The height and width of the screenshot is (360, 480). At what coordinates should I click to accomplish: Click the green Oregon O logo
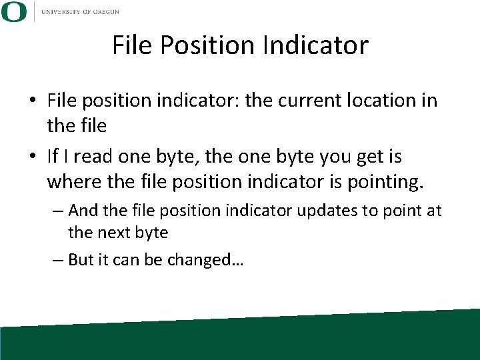pos(14,12)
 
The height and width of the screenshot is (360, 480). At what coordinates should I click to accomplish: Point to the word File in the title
pos(132,46)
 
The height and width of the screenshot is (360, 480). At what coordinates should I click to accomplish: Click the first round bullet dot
pos(33,101)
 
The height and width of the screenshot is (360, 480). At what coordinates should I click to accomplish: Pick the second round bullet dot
pos(33,157)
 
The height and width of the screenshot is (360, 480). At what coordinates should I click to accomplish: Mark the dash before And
pos(58,211)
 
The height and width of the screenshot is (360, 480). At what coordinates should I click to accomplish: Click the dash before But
pos(58,260)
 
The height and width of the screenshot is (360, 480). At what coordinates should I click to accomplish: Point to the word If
pos(53,157)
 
